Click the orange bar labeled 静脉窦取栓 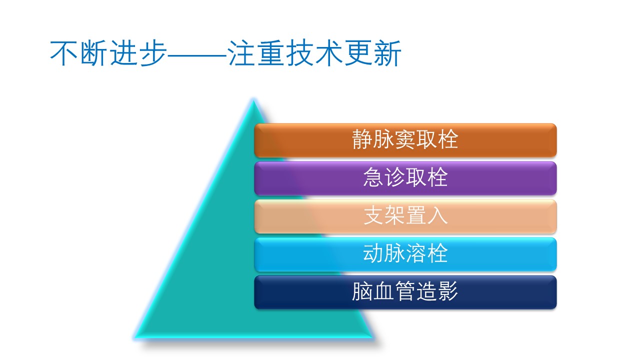coord(405,140)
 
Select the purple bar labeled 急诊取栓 coord(405,178)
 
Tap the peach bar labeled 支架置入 coord(405,216)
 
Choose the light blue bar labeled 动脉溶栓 coord(405,254)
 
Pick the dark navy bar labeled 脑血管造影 coord(405,292)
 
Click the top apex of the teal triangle coord(253,100)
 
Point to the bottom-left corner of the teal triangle coord(135,337)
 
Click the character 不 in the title coord(63,53)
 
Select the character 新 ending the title coord(387,53)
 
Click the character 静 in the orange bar coord(362,139)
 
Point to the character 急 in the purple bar coord(373,177)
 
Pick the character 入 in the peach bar coord(437,215)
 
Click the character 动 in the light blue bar coord(373,253)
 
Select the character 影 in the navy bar coord(448,291)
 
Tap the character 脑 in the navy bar coord(362,291)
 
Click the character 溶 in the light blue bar coord(416,253)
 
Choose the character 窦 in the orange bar coord(405,139)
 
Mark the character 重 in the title coord(271,53)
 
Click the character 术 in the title coord(329,53)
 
